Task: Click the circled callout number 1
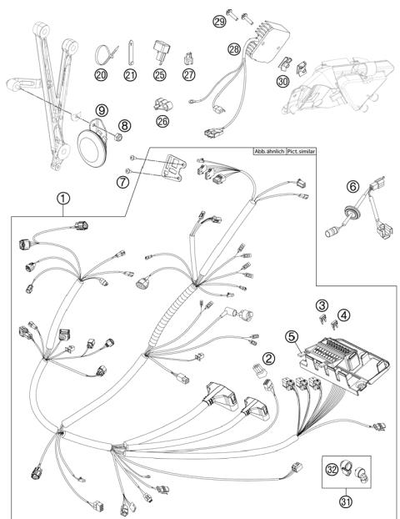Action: click(63, 199)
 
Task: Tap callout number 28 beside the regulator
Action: click(234, 49)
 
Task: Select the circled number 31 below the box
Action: click(346, 501)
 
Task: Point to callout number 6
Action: click(352, 186)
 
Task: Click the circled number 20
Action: click(101, 75)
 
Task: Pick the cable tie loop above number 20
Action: click(105, 53)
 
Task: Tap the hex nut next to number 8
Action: click(118, 137)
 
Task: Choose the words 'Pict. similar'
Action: click(301, 151)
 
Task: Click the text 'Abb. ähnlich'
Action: click(269, 151)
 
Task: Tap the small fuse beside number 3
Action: click(322, 319)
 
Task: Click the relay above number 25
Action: click(162, 51)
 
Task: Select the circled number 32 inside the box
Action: click(332, 469)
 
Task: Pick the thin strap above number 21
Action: click(130, 53)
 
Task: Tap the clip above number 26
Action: click(163, 104)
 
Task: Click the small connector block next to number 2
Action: click(259, 370)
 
